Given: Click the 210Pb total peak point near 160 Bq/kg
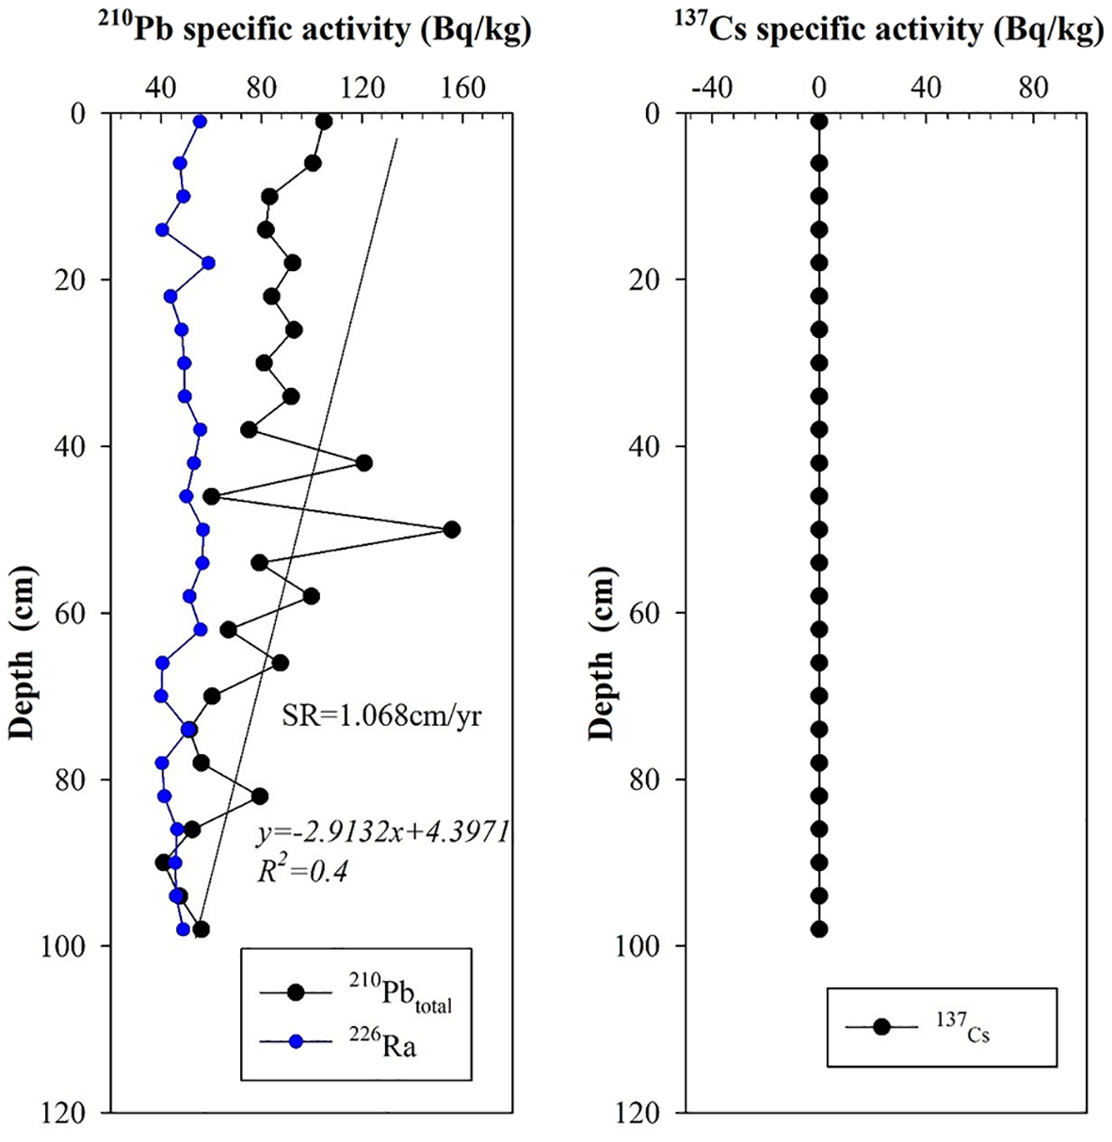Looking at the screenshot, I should [452, 529].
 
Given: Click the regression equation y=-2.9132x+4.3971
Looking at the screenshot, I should [383, 831].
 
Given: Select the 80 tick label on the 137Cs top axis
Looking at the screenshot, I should [1034, 88].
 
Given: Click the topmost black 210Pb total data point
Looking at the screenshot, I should [324, 121].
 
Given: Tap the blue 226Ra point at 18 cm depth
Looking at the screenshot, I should [208, 263].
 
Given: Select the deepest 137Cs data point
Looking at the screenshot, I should [819, 929].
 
